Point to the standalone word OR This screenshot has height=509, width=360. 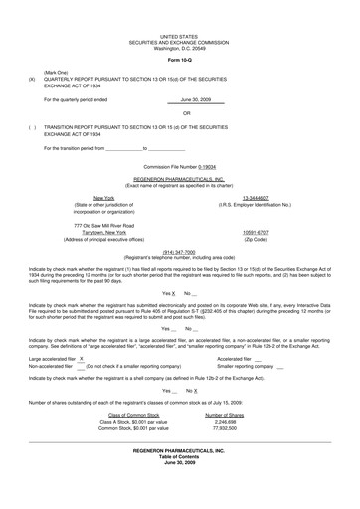180,113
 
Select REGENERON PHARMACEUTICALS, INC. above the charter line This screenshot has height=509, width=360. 180,177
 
